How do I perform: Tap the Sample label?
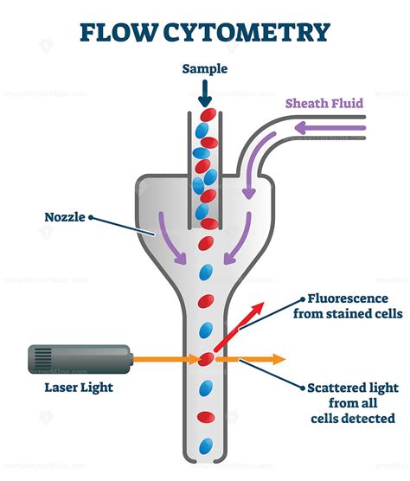coord(204,68)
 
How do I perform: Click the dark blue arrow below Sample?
coord(205,91)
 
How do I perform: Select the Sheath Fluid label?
coord(324,104)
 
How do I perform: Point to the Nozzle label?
coord(66,216)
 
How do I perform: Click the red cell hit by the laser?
coord(206,358)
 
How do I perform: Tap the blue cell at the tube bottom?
coord(205,446)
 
